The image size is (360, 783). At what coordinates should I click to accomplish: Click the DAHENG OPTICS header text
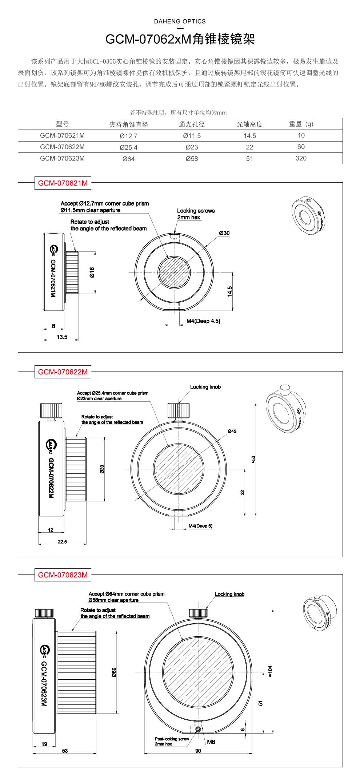[180, 21]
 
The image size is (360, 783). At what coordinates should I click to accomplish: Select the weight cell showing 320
[301, 158]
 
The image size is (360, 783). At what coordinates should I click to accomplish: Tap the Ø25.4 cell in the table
[128, 147]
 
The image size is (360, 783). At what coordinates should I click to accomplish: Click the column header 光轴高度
[249, 124]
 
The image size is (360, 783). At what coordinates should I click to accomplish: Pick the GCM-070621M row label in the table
[62, 135]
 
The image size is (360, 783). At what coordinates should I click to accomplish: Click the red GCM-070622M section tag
[63, 372]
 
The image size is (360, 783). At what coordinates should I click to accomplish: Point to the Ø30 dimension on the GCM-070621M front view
[224, 233]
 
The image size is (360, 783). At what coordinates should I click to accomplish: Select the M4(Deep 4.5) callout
[203, 321]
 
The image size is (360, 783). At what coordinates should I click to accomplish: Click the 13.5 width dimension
[62, 337]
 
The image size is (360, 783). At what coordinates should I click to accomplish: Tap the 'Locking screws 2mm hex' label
[196, 214]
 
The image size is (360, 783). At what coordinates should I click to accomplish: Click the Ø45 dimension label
[232, 431]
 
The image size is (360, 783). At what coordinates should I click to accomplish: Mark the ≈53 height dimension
[253, 459]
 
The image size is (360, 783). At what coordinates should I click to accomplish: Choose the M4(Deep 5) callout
[200, 526]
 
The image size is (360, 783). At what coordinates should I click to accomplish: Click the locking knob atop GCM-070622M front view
[179, 410]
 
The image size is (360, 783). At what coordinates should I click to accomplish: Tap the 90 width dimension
[198, 751]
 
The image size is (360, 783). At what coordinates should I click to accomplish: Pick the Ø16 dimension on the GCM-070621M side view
[92, 272]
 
